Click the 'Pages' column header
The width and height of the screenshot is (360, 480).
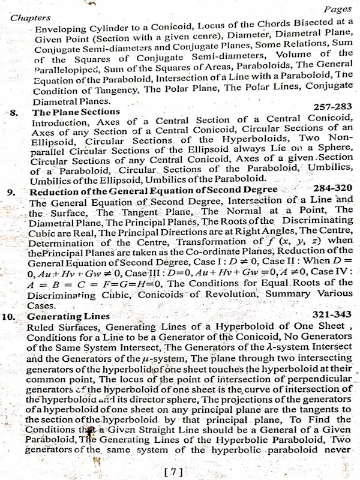pyautogui.click(x=337, y=10)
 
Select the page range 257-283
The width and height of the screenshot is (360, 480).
pyautogui.click(x=332, y=106)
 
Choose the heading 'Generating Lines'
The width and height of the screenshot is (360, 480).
pyautogui.click(x=68, y=316)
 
